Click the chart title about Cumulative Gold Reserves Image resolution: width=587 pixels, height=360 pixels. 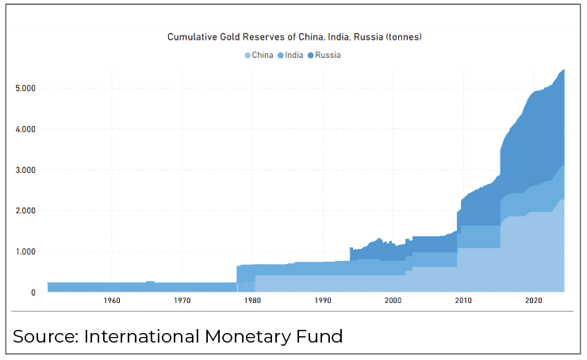coord(293,36)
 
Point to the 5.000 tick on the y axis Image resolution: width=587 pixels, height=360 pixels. coord(25,88)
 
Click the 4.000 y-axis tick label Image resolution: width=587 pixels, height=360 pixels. coord(25,128)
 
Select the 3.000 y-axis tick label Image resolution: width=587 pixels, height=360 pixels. coord(25,170)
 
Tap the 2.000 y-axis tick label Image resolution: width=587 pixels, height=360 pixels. coord(25,211)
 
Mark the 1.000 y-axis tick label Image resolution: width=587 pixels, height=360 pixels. coord(25,252)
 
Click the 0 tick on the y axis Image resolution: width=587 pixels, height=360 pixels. coord(33,293)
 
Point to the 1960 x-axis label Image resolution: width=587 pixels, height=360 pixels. coord(112,301)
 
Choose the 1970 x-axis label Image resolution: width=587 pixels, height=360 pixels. coord(182,301)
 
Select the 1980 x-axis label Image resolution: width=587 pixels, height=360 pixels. coord(252,301)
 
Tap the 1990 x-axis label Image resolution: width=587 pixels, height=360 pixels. coord(323,301)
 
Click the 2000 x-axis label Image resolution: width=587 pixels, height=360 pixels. coord(393,301)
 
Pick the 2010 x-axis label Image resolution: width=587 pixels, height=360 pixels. coord(463,301)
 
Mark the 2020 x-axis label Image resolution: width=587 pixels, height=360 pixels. coord(534,301)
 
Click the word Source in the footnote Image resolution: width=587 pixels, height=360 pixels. coord(45,336)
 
